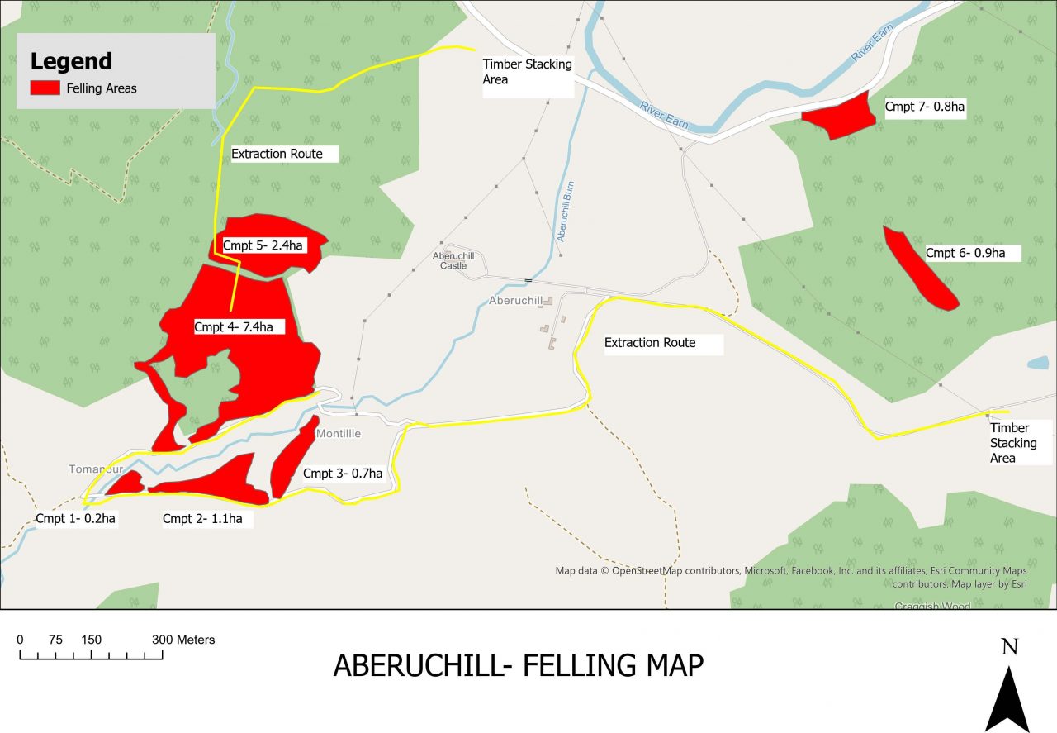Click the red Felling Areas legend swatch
coord(45,88)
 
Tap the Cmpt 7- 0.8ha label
coord(925,107)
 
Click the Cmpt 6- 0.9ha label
coord(965,253)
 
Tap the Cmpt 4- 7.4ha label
coord(233,327)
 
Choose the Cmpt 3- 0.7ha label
coord(343,474)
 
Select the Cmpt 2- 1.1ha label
coord(202,519)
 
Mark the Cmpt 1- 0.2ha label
coord(75,519)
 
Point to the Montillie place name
coord(339,434)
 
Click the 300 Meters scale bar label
coord(183,640)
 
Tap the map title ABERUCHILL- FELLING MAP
coord(518,665)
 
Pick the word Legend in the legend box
coord(71,61)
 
